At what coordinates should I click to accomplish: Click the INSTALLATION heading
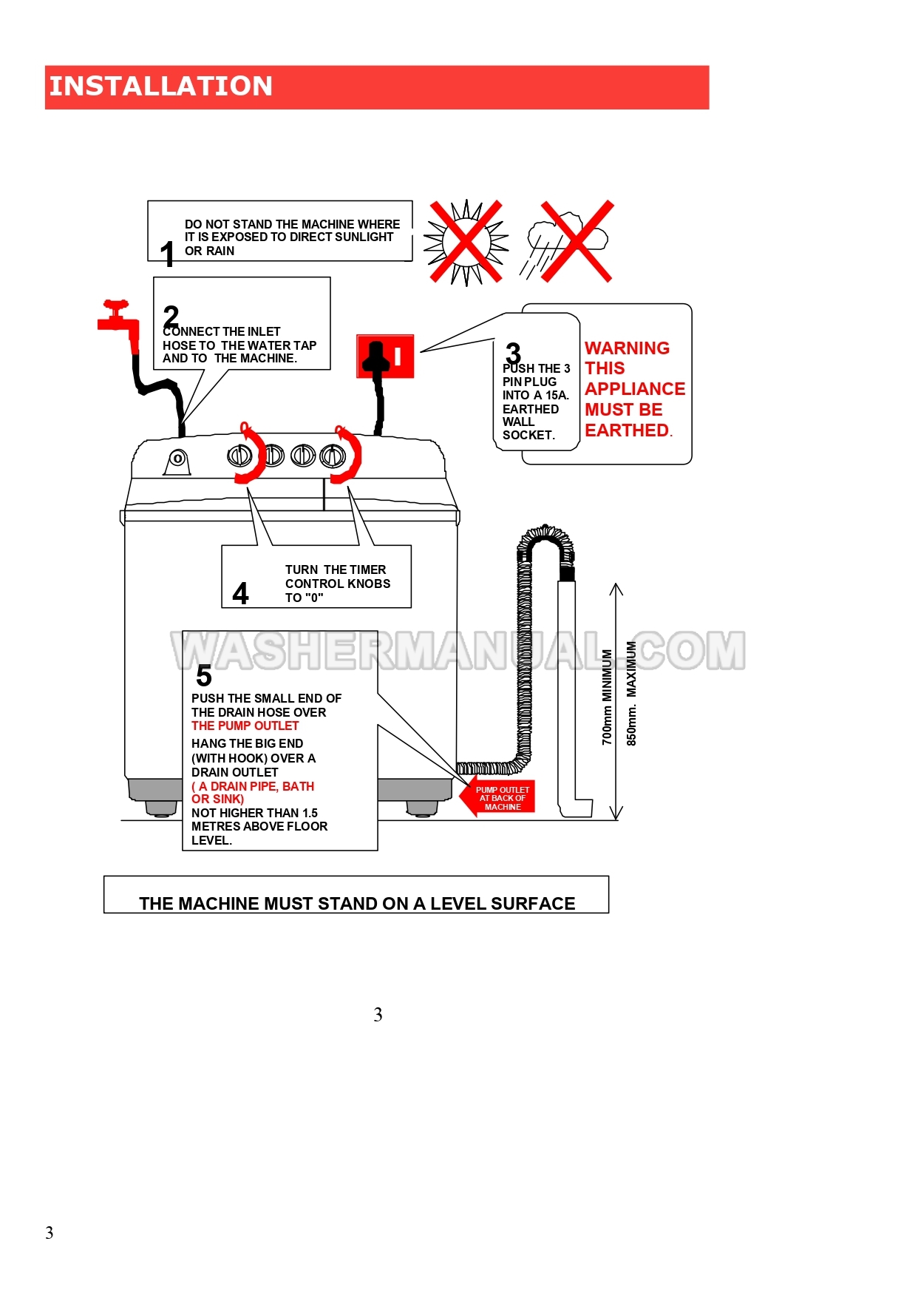(160, 87)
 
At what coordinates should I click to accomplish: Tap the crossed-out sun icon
(466, 242)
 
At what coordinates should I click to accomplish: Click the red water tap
(118, 319)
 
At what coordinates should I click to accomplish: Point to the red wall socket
(385, 356)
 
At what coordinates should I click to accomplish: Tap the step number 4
(240, 594)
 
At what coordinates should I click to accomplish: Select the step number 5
(204, 676)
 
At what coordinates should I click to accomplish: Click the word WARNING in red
(627, 348)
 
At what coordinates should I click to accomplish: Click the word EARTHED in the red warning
(627, 430)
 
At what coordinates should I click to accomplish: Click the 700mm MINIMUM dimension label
(607, 697)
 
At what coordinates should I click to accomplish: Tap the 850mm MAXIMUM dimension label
(631, 692)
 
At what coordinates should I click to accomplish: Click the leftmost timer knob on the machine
(239, 456)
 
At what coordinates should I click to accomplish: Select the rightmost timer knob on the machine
(333, 456)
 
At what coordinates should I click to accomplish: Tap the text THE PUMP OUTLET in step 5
(245, 726)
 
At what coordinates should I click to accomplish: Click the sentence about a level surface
(357, 903)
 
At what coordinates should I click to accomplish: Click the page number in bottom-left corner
(50, 1233)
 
